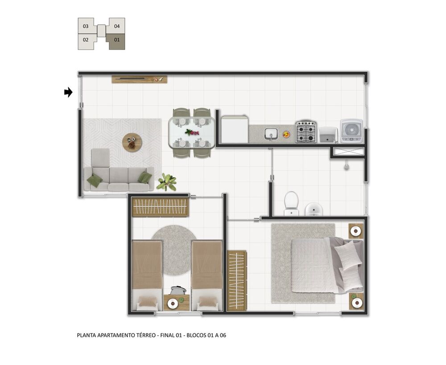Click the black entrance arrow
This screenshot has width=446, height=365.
(68, 92)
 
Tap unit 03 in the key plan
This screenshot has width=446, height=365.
(86, 26)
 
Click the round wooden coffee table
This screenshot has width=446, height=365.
(132, 143)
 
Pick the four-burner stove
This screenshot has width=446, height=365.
(306, 131)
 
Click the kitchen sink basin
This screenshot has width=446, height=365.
(271, 134)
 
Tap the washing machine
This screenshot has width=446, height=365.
(351, 131)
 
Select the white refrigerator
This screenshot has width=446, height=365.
(235, 129)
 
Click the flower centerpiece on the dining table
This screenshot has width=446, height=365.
(192, 132)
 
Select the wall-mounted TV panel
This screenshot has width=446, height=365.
(139, 79)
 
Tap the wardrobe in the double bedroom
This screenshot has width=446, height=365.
(237, 281)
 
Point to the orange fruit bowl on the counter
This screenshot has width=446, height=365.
(286, 134)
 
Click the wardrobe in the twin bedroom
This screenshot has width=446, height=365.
(160, 207)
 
